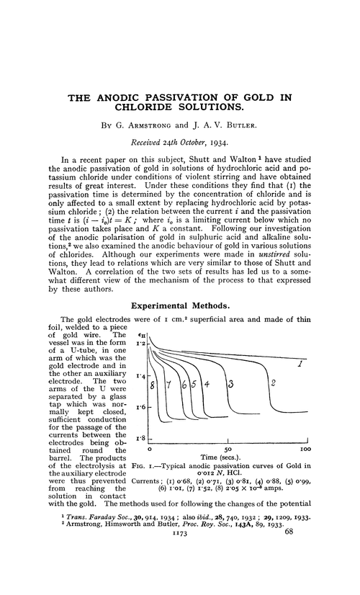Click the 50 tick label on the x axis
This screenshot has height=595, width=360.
pos(228,447)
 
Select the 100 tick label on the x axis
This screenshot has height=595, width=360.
pos(305,447)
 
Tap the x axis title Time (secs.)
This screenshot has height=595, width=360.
pos(228,457)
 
